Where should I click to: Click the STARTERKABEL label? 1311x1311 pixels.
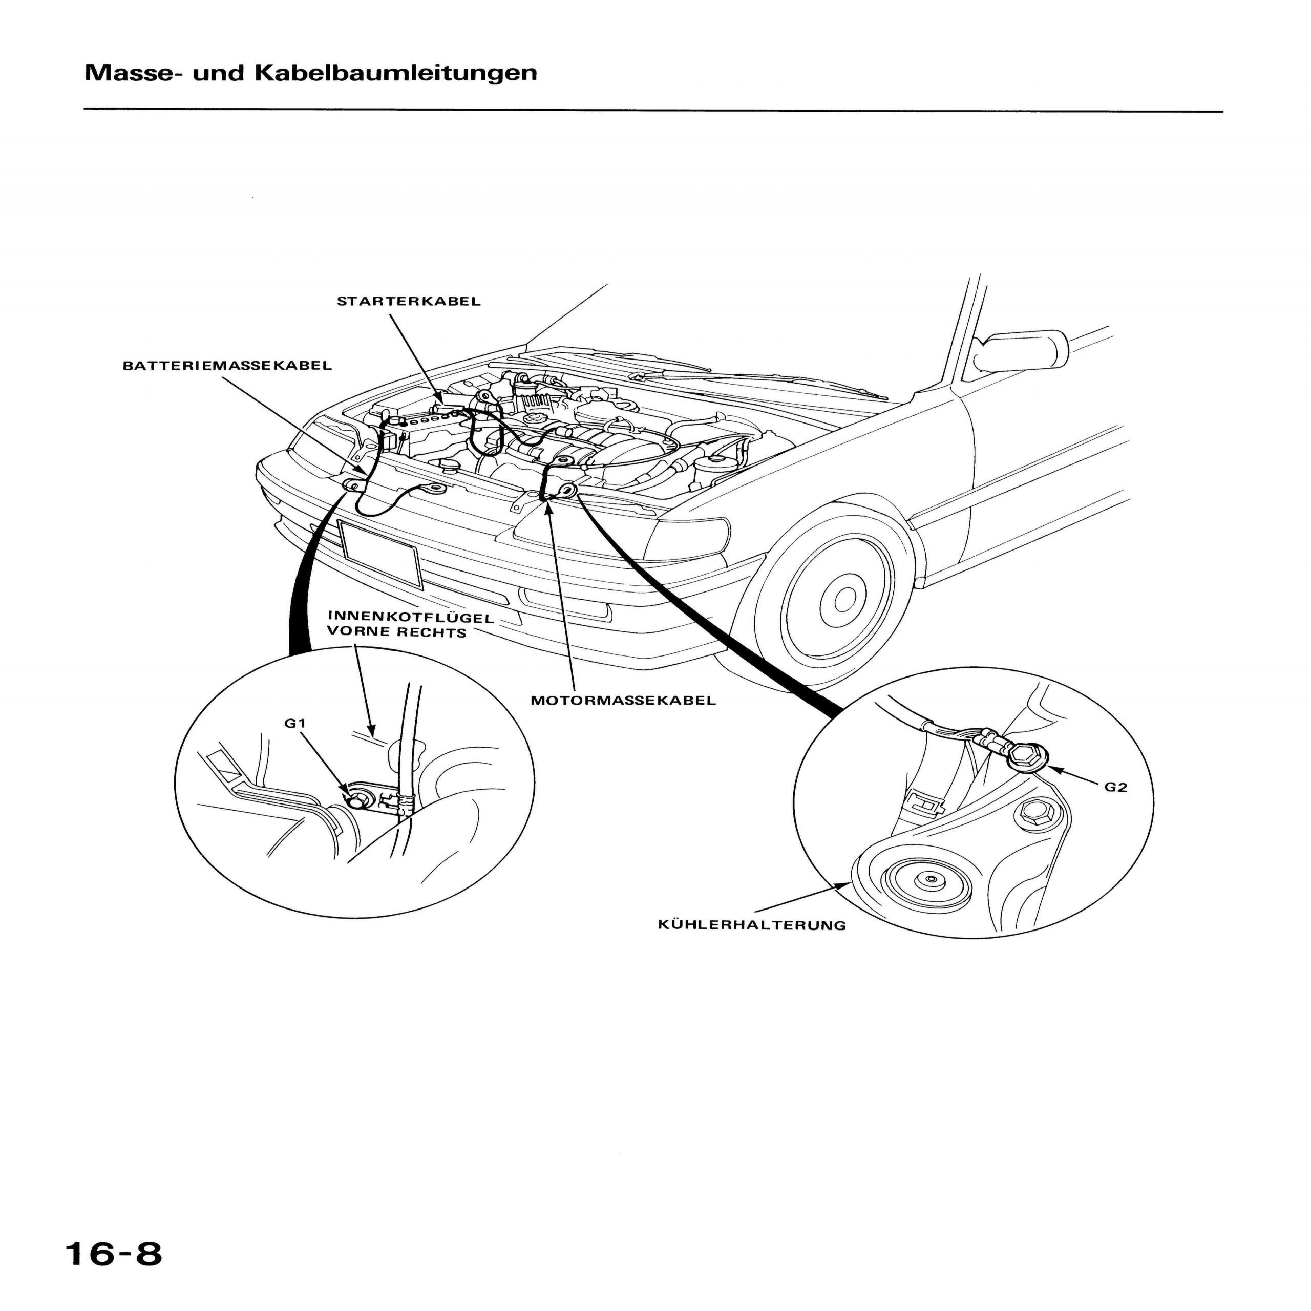[x=409, y=301]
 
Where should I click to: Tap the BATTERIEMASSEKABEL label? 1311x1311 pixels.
[x=227, y=366]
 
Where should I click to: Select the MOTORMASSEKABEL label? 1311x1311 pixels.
[x=623, y=700]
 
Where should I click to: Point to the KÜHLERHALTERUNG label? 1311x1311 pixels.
[x=752, y=925]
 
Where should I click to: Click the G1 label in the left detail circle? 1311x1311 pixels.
[x=295, y=724]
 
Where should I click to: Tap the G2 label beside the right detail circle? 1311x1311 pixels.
[x=1115, y=787]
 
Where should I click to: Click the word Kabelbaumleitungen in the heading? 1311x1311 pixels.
[x=396, y=73]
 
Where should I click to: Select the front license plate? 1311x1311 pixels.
[x=380, y=553]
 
